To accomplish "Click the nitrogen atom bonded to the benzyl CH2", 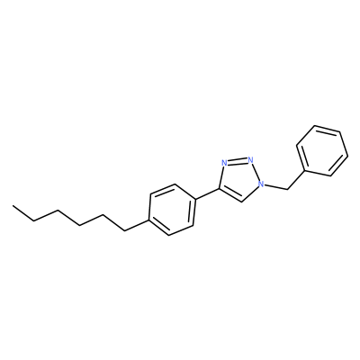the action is pos(262,184).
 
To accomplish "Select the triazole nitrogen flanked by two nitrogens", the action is pos(251,159).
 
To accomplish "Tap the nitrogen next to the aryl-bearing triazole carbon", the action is pos(224,163).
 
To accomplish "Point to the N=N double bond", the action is pos(238,161).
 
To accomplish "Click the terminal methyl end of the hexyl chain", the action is pos(13,206).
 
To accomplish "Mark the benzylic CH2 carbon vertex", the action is pos(287,189).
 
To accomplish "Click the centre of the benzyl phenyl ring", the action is pos(322,150).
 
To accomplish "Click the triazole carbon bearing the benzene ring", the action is pos(220,189).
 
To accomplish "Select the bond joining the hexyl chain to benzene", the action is pos(136,226).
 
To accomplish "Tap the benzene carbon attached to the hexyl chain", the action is pos(148,221).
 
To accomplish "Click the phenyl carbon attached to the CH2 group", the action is pos(305,171).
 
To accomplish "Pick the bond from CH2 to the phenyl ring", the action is pos(296,180).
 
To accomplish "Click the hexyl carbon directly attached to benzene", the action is pos(124,230).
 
